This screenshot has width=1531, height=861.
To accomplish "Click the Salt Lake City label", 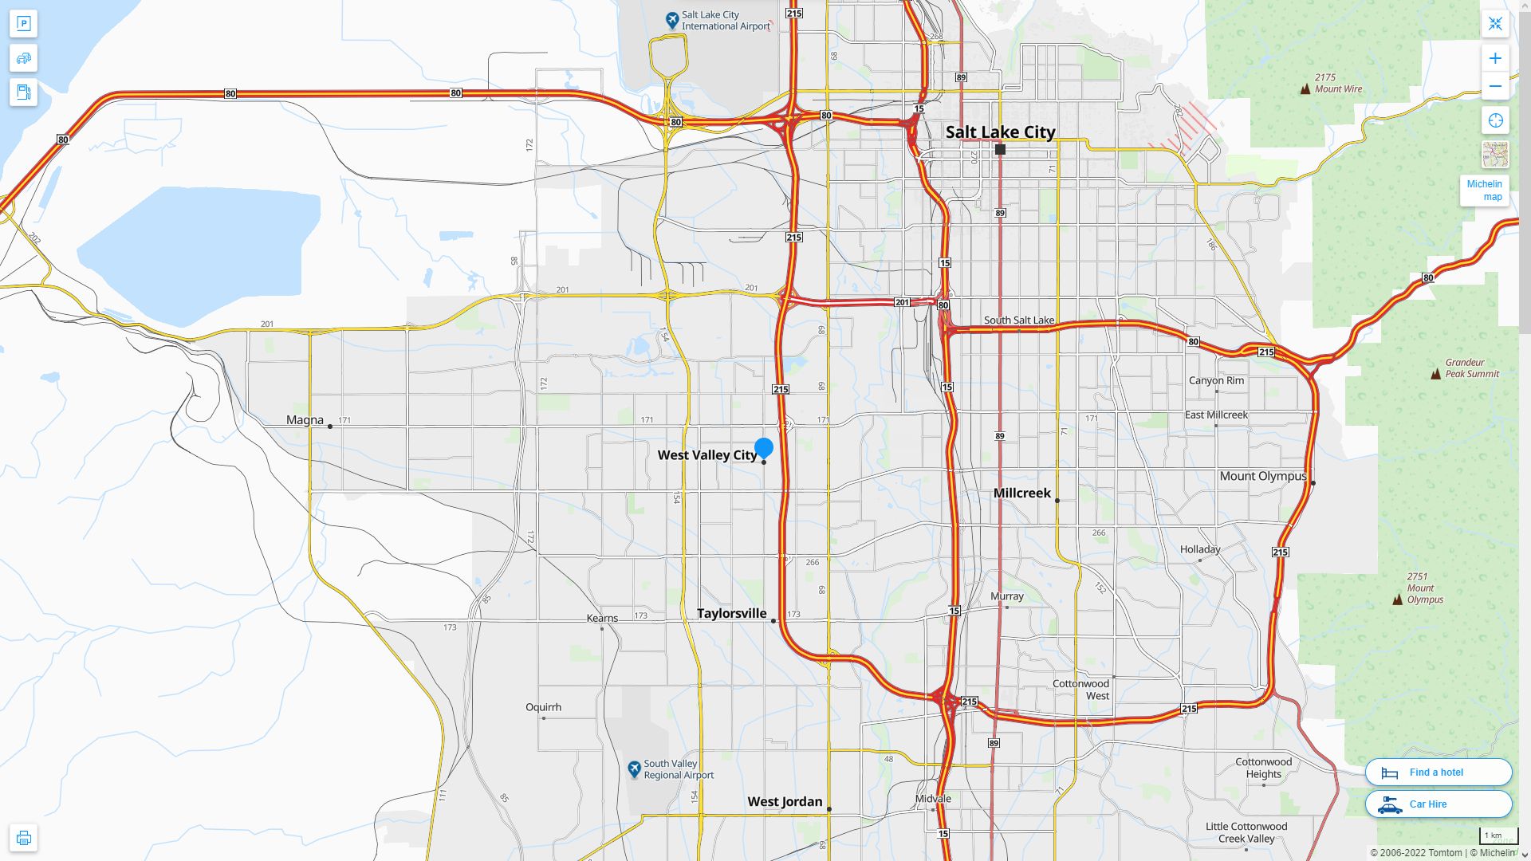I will tap(1000, 132).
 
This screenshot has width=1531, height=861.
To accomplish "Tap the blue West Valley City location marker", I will tap(764, 448).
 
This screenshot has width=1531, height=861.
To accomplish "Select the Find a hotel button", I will tap(1438, 772).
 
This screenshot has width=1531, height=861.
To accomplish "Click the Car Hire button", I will tap(1438, 804).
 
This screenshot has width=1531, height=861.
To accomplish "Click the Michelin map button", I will tap(1484, 191).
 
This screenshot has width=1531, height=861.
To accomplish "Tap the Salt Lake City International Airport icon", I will tap(672, 19).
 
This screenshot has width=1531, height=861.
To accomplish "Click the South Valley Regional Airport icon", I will tap(634, 769).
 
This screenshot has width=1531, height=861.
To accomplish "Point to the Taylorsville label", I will tap(731, 613).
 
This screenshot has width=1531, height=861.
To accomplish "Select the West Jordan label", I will tap(785, 801).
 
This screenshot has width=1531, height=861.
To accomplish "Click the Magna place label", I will tap(305, 420).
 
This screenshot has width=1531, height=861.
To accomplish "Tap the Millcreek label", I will tap(1021, 493).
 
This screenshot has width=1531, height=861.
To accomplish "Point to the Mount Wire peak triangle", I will tap(1305, 88).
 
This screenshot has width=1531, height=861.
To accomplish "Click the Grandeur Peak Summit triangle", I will tap(1435, 373).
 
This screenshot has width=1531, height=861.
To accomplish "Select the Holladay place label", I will tap(1199, 549).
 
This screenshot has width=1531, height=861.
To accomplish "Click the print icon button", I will tap(23, 838).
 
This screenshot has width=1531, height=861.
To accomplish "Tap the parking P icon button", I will tap(23, 24).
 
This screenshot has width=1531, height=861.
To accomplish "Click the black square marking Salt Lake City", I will tap(1000, 149).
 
